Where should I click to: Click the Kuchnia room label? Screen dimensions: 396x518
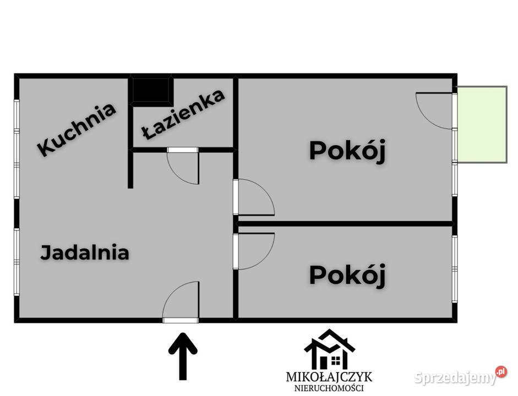pos(77,129)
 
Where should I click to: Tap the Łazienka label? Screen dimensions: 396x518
pos(183,115)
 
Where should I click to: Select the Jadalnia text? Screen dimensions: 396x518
pos(85,252)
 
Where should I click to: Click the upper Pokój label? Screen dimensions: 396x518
pos(346,151)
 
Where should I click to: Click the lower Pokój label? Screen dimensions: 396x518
pos(346,274)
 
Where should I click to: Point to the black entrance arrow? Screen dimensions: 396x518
pos(182,355)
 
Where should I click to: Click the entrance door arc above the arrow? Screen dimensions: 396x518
pos(181,300)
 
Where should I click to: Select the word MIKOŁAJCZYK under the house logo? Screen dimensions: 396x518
pos(329,377)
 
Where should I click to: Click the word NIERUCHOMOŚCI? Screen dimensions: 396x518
pos(329,388)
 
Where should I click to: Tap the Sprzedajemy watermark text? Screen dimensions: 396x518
pos(454,378)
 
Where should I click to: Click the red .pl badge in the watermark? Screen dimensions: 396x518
pos(501,372)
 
